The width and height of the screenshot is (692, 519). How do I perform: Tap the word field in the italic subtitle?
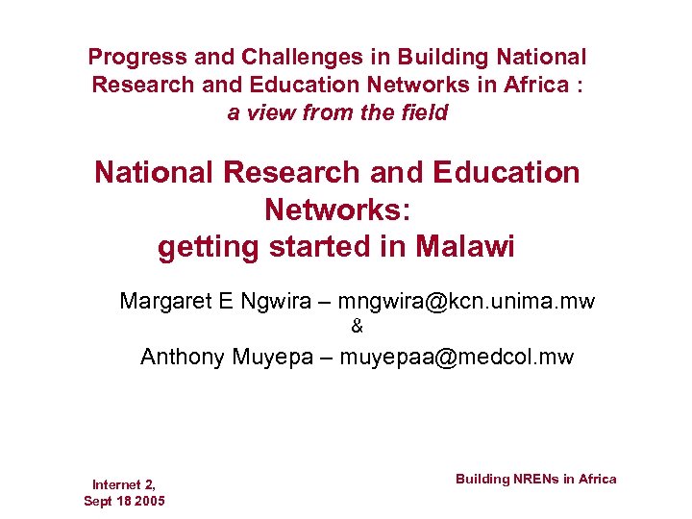(425, 113)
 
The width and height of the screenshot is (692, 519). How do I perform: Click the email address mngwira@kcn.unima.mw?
(466, 302)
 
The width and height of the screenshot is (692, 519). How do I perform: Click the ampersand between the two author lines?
(358, 328)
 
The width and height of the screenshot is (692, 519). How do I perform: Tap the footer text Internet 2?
(124, 484)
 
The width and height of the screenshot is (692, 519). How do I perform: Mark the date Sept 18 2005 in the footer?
(124, 502)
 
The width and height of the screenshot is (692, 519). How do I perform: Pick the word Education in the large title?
(506, 173)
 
